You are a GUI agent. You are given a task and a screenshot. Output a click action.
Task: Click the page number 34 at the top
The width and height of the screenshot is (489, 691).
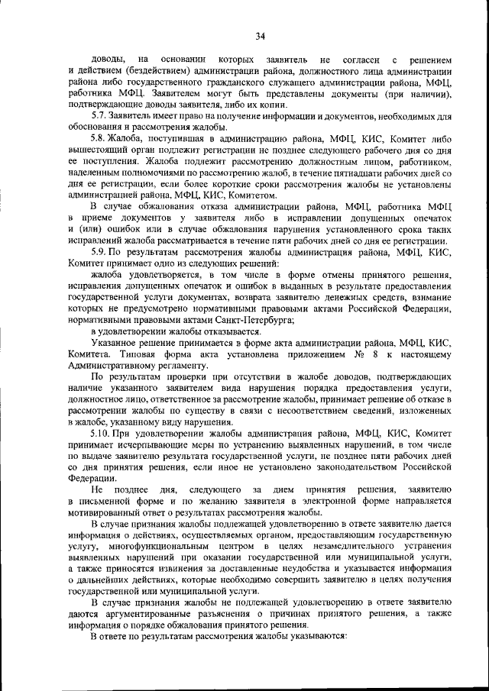(261, 36)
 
